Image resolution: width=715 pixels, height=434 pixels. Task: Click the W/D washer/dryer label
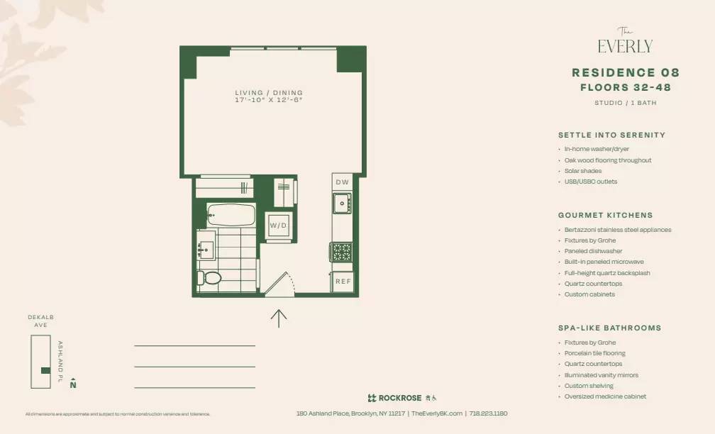click(x=278, y=226)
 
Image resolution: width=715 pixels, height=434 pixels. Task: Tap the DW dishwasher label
click(x=343, y=182)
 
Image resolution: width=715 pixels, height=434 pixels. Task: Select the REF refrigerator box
click(x=343, y=282)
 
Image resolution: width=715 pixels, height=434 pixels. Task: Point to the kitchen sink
click(x=343, y=204)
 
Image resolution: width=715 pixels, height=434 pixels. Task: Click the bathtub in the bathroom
click(x=231, y=215)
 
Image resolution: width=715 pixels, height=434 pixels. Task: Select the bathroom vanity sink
click(x=206, y=249)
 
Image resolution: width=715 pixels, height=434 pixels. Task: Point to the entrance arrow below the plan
click(x=279, y=318)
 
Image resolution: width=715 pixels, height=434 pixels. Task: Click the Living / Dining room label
click(x=269, y=93)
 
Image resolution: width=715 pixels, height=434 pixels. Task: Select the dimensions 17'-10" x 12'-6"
click(x=269, y=101)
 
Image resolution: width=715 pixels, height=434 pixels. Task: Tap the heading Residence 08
click(x=625, y=72)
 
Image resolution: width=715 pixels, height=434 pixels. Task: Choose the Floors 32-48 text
click(x=625, y=88)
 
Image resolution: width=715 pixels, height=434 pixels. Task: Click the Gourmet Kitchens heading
click(x=605, y=215)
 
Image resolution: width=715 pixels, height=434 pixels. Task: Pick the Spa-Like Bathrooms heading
click(x=609, y=328)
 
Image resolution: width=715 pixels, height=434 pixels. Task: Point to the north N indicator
click(x=73, y=384)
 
